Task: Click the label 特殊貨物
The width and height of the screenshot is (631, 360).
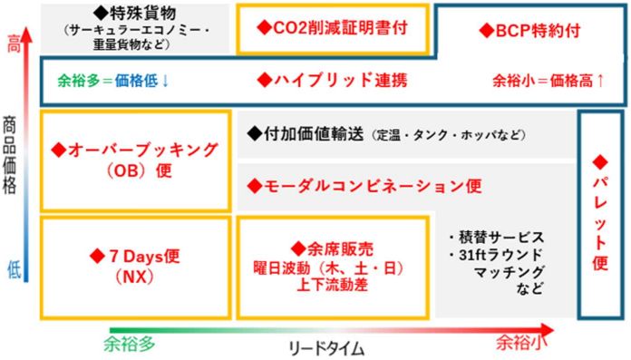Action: (143, 14)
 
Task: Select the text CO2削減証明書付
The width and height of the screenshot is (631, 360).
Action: (341, 28)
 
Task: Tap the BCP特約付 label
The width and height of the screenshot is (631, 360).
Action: (538, 31)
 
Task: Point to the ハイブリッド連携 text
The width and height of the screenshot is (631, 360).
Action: (341, 80)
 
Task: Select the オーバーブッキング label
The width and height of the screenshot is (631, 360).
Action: (142, 150)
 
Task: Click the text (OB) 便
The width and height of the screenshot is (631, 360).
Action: (140, 170)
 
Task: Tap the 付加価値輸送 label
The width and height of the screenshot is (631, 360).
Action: (314, 133)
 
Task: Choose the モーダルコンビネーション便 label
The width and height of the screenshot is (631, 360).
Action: (373, 186)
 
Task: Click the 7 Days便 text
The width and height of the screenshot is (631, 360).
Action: (144, 256)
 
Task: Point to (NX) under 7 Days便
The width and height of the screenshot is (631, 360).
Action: (134, 277)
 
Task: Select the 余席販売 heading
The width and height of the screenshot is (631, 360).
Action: (340, 249)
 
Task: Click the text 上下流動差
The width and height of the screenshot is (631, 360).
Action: (333, 285)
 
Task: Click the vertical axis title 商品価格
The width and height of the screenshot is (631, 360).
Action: (10, 155)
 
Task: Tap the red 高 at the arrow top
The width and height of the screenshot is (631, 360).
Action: (14, 45)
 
